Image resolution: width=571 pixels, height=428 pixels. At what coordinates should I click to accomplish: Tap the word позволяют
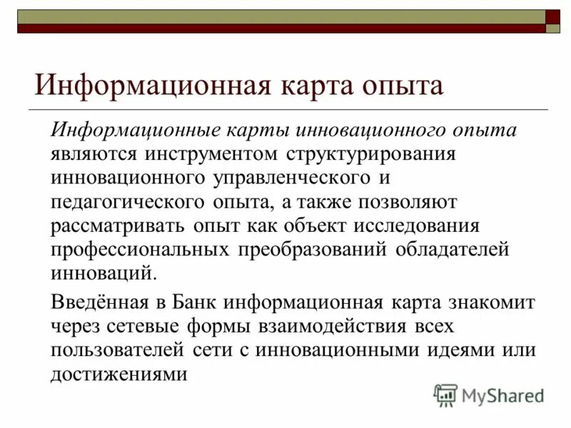coord(406,202)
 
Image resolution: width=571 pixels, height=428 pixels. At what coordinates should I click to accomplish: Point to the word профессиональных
coord(141,249)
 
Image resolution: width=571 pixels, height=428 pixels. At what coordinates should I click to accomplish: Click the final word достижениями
coord(118,373)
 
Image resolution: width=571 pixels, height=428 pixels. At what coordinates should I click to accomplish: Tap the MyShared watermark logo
coord(490,394)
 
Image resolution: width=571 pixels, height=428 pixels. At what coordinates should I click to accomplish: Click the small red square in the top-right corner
coord(553,17)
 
